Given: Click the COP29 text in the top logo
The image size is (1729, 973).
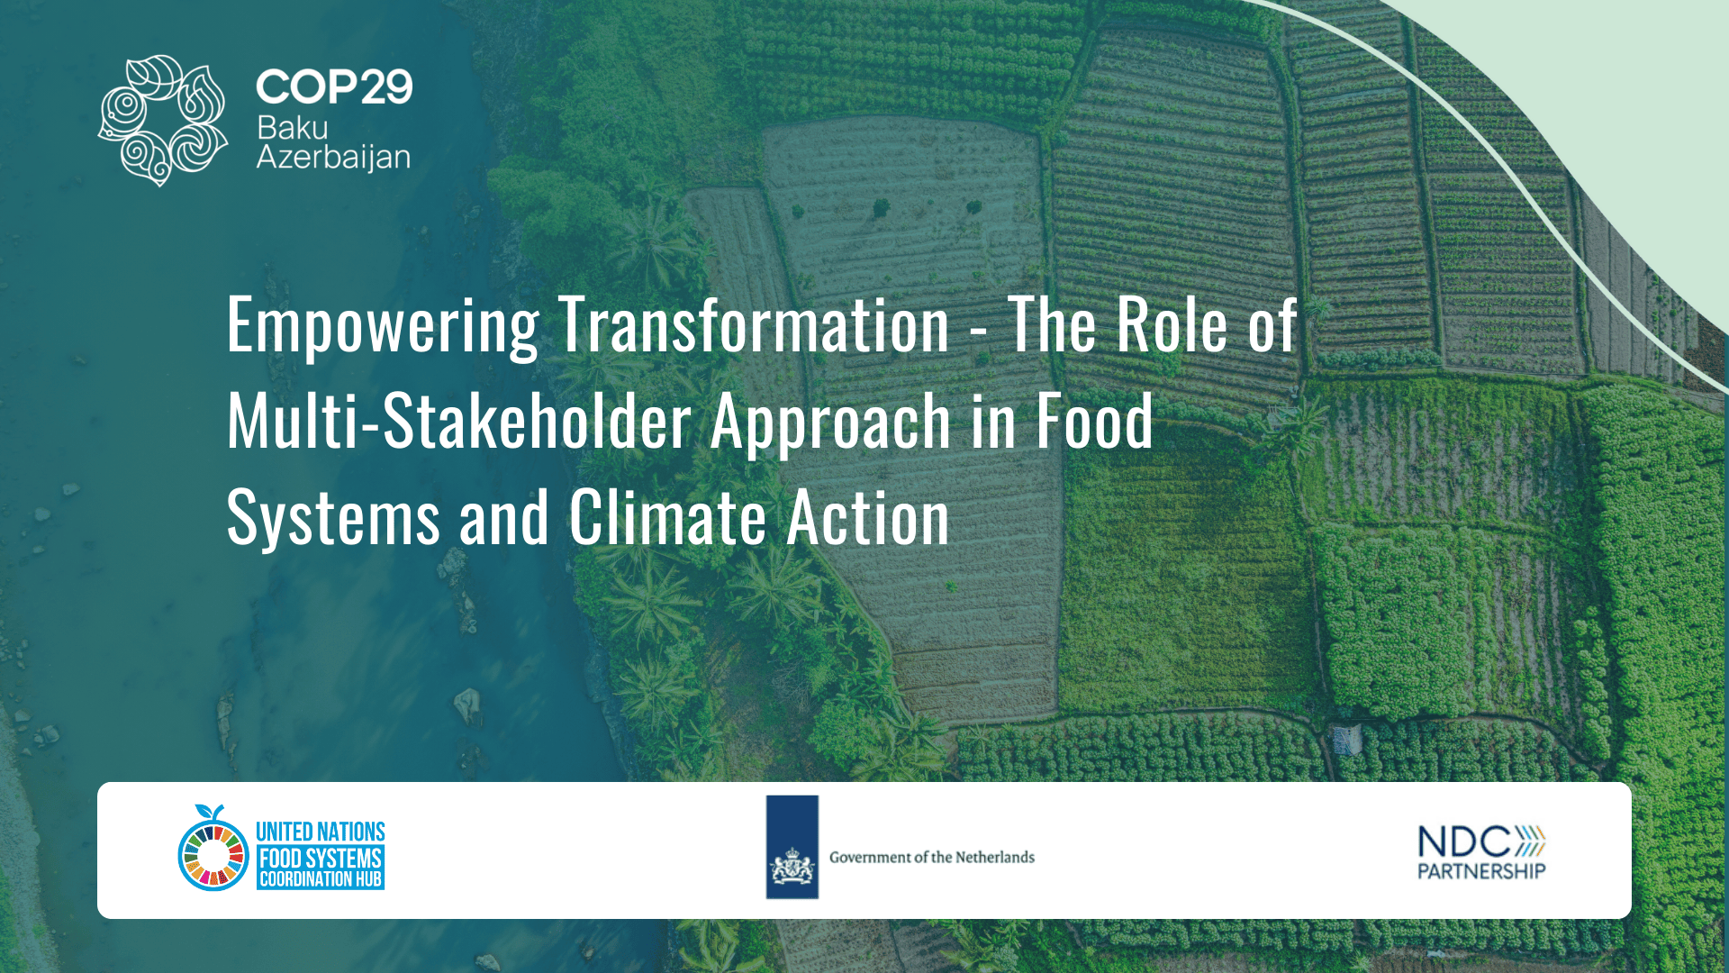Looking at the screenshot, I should coord(334,87).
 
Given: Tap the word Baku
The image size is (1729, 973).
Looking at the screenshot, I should coord(292,128).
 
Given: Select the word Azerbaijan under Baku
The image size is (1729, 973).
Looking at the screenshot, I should coord(333,157).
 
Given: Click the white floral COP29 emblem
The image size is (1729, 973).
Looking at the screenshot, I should coord(163,120).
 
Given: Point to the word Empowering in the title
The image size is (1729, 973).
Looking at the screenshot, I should coord(383,325).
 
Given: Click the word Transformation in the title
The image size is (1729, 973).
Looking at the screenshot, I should coord(754,325).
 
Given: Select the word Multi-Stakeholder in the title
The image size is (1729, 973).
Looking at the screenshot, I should coord(459,421).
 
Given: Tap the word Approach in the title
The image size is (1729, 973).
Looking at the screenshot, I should coord(830,422).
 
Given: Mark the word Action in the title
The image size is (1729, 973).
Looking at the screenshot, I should coord(868,518).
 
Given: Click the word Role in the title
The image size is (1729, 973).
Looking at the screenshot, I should coord(1172,325).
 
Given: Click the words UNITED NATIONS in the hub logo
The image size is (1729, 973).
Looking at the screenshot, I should coord(321,832).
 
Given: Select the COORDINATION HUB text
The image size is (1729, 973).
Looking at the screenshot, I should coord(321,879).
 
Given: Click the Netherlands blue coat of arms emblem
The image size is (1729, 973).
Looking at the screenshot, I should coord(792,848).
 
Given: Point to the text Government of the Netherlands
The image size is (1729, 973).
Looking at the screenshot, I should coord(931,857).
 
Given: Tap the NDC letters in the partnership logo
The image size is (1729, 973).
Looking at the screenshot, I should coord(1463,842).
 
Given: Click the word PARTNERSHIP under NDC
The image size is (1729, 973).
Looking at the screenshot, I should coord(1481,871).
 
